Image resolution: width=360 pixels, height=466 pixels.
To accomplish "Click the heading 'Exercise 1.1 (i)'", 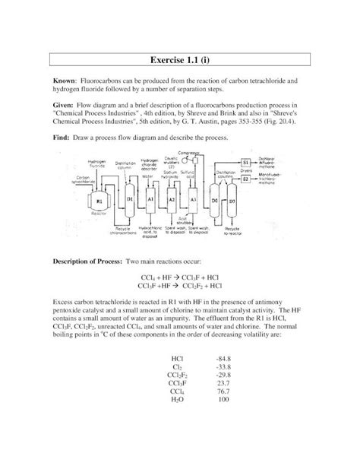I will tap(180, 60).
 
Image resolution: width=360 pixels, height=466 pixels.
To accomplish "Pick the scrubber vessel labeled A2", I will tap(172, 198).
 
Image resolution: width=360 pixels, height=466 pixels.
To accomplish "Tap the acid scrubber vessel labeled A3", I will tap(193, 198).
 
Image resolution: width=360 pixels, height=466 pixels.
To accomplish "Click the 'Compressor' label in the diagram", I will tap(201, 153).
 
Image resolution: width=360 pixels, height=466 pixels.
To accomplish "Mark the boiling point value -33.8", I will tap(223, 365).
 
